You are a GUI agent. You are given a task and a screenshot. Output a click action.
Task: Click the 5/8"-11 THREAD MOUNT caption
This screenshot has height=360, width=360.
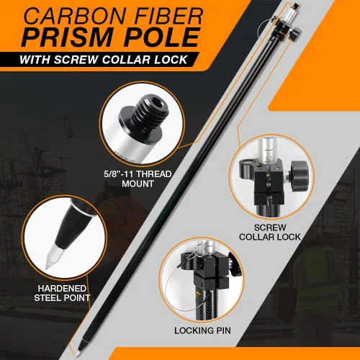click(138, 179)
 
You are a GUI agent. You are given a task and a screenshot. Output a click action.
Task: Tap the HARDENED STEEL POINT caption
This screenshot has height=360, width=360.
click(62, 293)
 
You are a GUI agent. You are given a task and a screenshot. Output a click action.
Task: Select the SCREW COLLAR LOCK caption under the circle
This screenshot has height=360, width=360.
click(270, 232)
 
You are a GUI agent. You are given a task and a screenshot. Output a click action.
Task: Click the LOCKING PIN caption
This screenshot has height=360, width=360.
click(202, 330)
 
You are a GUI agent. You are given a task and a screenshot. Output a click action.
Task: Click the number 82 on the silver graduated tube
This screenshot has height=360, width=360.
click(269, 158)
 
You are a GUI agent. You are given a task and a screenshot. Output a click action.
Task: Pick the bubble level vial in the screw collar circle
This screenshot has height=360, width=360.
click(248, 163)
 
